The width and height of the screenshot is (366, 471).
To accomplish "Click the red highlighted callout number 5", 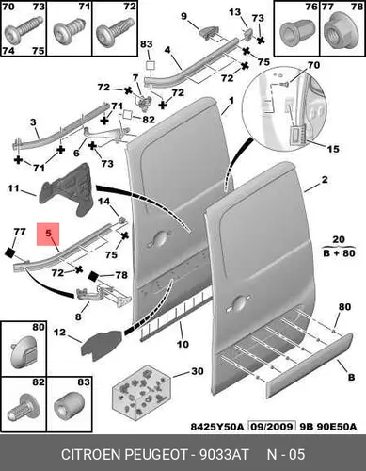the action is (48, 234).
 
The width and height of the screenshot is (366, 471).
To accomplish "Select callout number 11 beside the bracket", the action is (13, 188).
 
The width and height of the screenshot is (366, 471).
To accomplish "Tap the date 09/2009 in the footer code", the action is (272, 427).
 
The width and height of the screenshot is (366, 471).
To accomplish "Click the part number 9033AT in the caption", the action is (224, 454).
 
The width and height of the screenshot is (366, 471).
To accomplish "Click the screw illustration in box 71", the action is (67, 32).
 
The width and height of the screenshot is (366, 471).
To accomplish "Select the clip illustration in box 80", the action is (24, 352).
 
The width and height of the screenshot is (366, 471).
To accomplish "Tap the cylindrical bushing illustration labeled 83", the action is (69, 408).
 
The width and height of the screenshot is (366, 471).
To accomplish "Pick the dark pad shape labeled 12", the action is (101, 343).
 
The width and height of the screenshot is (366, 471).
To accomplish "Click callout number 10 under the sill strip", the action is (183, 344).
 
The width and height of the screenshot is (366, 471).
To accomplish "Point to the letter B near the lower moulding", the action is (351, 377).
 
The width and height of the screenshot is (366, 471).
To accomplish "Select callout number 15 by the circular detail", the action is (333, 148).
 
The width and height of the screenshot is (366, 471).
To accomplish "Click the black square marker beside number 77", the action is (10, 252).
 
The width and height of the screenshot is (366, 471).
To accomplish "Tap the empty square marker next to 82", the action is (128, 115).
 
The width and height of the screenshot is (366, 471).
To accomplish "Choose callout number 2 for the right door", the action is (325, 179).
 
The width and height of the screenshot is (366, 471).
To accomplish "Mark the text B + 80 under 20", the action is (339, 253).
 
